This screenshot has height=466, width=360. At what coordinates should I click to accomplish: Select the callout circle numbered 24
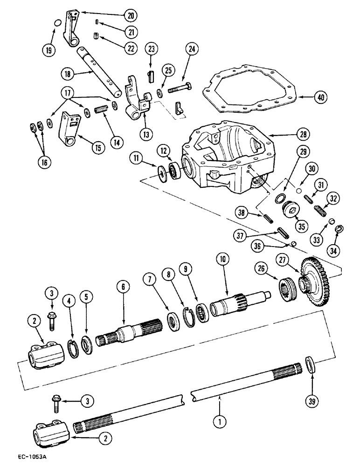191,48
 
